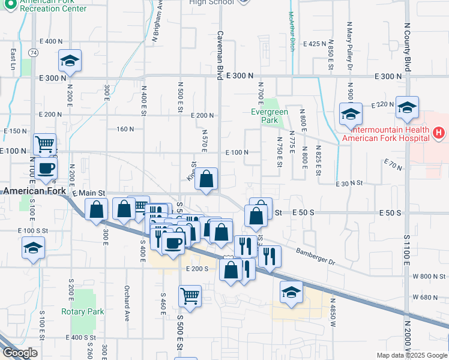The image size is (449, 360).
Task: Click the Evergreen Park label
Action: tap(270, 116)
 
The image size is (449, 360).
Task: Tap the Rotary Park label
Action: tap(83, 311)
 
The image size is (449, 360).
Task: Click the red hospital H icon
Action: tap(439, 133)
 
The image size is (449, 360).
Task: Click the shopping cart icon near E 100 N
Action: tap(45, 144)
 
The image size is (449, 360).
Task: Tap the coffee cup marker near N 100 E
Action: tap(46, 168)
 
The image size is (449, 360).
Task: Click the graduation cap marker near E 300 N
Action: tap(70, 61)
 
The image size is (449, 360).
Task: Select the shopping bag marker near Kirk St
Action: tap(206, 179)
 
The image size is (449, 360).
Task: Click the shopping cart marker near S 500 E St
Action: tap(190, 296)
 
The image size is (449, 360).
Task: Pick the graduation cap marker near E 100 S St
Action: tap(34, 248)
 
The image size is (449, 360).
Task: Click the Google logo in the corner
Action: tap(20, 353)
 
